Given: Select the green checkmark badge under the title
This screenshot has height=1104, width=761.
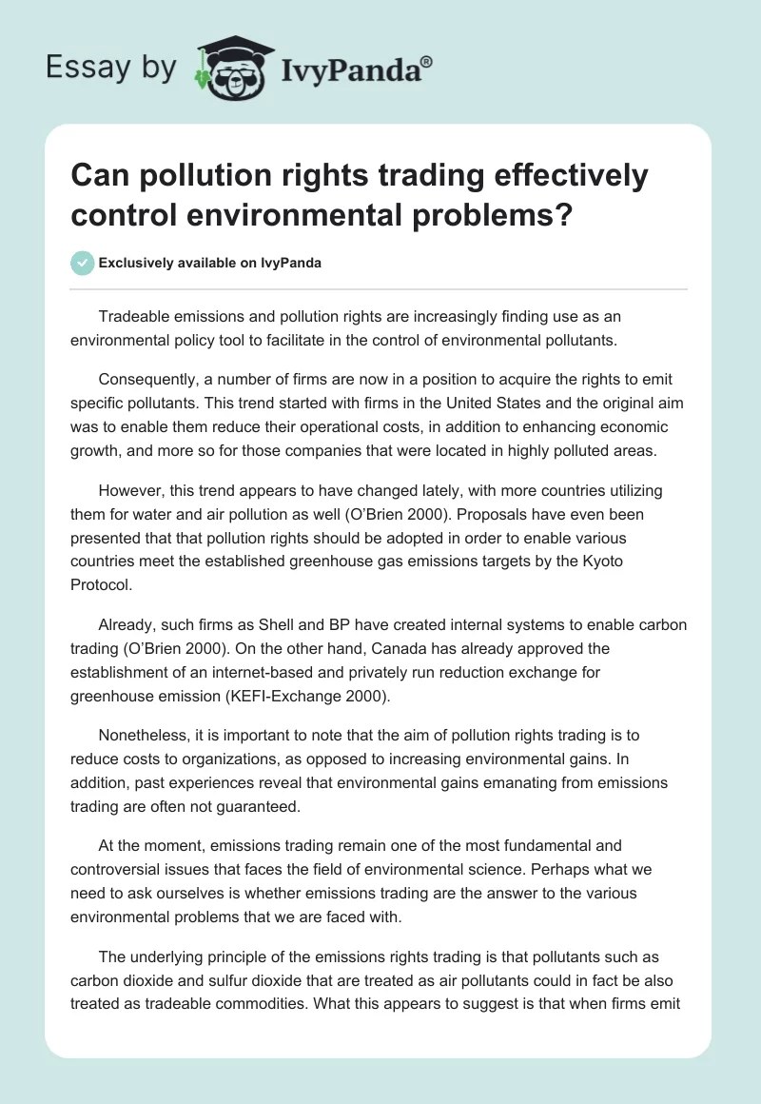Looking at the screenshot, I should click(x=83, y=263).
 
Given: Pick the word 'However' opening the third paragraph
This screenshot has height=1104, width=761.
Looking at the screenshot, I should click(x=128, y=492).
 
